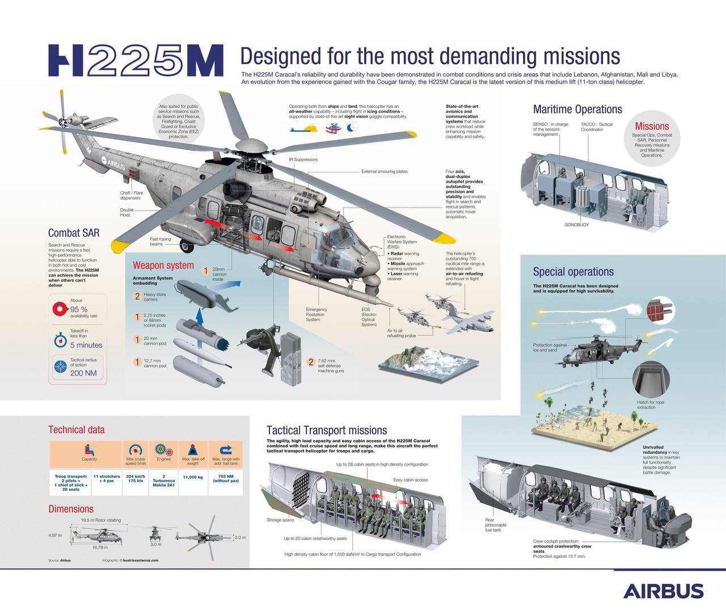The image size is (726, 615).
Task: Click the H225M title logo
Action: click(x=135, y=60)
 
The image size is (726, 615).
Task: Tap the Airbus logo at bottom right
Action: click(x=663, y=591)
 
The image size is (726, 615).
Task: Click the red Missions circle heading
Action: click(x=652, y=126)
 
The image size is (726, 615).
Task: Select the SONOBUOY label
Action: click(x=576, y=225)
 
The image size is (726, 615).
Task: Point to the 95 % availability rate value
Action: click(x=78, y=309)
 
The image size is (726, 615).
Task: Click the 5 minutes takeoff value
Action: click(x=86, y=345)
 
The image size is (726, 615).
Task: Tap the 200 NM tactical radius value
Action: click(x=84, y=373)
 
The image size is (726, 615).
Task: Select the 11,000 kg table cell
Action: click(x=193, y=477)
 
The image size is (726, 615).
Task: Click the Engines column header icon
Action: click(x=163, y=449)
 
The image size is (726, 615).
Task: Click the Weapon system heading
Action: click(x=163, y=265)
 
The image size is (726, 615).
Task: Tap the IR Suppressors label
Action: click(x=303, y=159)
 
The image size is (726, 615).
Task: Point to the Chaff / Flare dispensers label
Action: click(x=131, y=195)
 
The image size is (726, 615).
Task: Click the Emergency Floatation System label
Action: click(x=316, y=314)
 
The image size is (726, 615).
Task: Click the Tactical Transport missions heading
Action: click(x=326, y=430)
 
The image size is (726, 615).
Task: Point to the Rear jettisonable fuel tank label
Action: click(x=495, y=525)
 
